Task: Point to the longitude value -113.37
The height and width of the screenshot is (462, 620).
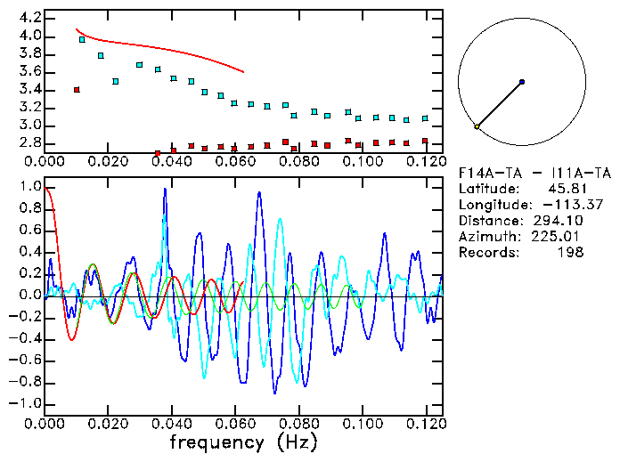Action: click(559, 205)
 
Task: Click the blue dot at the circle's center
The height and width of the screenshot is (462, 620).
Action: click(522, 82)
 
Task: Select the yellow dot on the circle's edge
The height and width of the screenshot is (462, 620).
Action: click(477, 127)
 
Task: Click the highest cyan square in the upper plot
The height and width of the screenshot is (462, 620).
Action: click(82, 39)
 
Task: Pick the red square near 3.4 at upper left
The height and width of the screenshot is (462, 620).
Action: click(77, 90)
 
